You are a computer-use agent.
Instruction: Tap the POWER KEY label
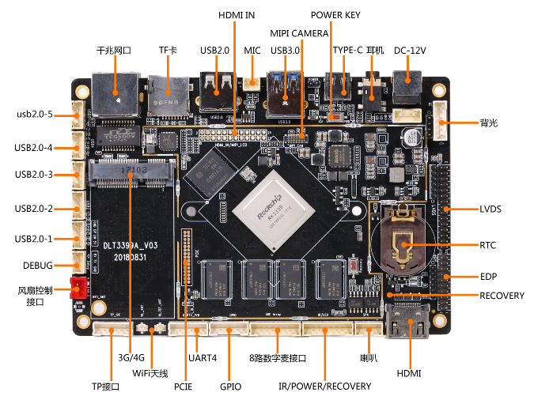(335, 15)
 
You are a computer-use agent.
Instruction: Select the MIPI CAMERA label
(299, 34)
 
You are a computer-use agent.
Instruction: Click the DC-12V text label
(410, 51)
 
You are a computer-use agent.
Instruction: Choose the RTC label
(487, 245)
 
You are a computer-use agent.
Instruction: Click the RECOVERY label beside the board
(502, 296)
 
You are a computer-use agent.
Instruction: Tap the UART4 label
(203, 358)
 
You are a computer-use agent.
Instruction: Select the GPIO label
(231, 387)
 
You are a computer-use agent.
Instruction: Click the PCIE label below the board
(184, 387)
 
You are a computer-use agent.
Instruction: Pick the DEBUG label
(38, 266)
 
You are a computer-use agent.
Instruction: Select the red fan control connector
(79, 289)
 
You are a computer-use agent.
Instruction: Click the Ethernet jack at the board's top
(113, 92)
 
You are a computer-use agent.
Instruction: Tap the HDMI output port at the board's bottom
(409, 321)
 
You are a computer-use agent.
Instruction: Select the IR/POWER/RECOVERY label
(324, 387)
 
